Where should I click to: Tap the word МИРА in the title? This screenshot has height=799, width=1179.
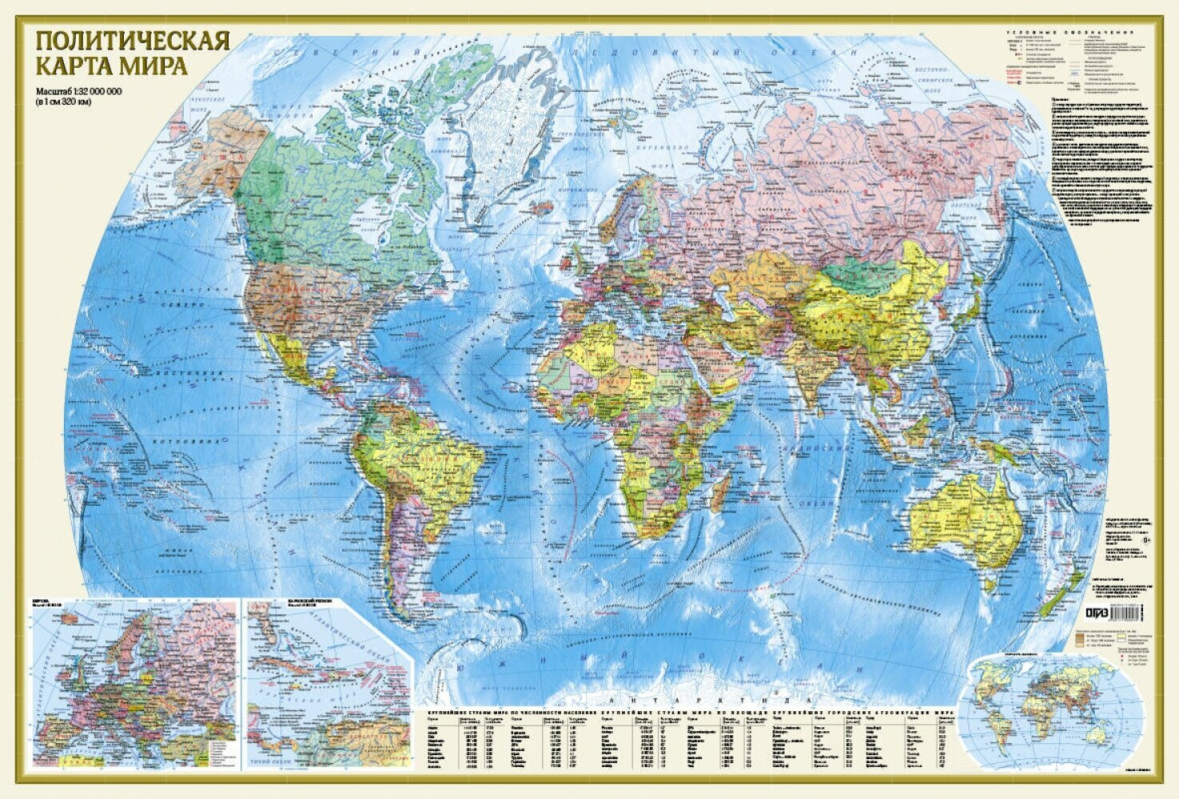coord(159,65)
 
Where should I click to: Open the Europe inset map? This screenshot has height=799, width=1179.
coord(134,679)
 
